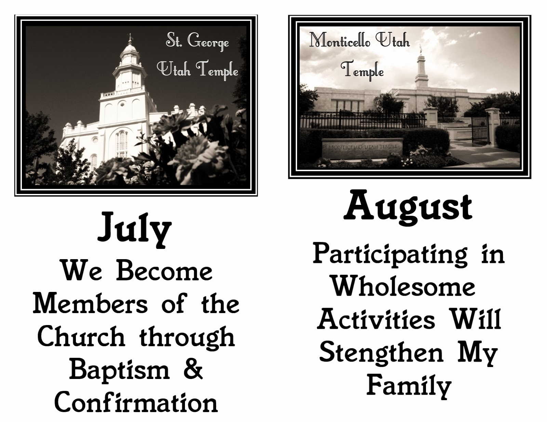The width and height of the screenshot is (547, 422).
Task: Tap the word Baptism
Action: (x=119, y=371)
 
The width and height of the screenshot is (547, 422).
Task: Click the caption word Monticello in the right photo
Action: (x=339, y=40)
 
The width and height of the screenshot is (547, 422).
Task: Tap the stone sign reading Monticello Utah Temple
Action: (x=362, y=150)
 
